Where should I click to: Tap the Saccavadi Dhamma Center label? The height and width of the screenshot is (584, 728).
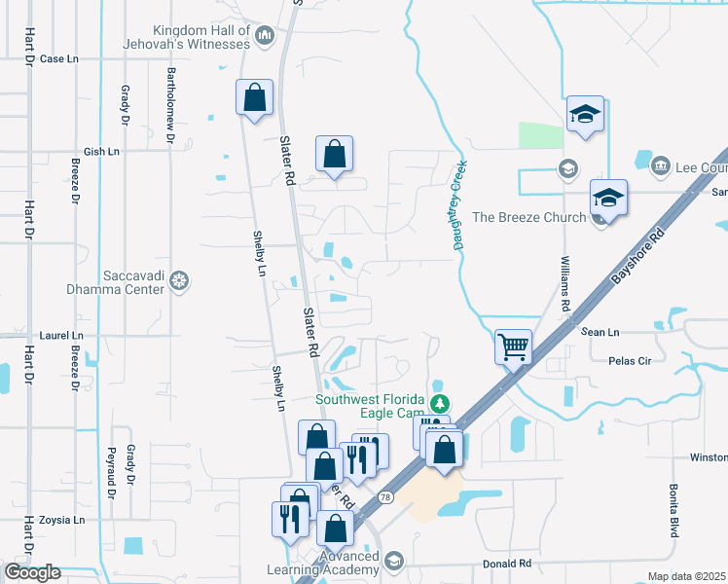click(x=117, y=282)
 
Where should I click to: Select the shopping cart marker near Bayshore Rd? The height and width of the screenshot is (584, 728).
click(x=514, y=347)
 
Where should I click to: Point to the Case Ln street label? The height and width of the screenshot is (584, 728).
click(x=57, y=59)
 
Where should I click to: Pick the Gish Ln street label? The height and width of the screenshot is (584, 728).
click(x=101, y=152)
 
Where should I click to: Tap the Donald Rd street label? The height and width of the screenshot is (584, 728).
click(x=506, y=564)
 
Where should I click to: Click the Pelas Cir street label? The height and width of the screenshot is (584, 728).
click(x=628, y=361)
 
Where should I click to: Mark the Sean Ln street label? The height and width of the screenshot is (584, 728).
click(x=600, y=332)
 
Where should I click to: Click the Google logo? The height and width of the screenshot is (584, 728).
click(x=32, y=572)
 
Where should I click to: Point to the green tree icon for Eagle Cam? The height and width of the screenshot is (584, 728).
click(x=441, y=403)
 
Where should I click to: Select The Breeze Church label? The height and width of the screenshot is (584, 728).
click(x=528, y=217)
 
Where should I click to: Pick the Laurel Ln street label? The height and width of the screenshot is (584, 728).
click(x=62, y=336)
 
